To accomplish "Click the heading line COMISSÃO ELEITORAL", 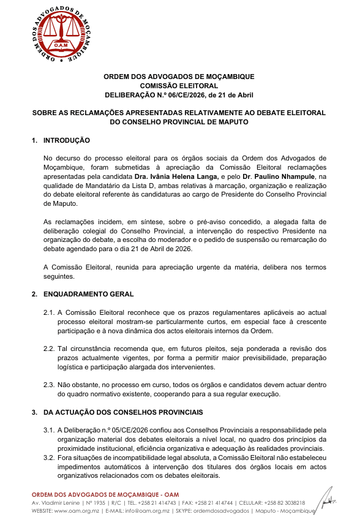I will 179,86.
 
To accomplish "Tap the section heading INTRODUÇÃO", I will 67,141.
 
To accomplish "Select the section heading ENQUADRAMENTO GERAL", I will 88,294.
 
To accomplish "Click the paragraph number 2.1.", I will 49,312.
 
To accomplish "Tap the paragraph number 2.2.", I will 49,348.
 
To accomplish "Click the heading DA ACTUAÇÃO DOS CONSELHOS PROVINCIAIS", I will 122,411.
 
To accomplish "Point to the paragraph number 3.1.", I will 49,429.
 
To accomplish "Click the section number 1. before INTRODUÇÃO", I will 34,141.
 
